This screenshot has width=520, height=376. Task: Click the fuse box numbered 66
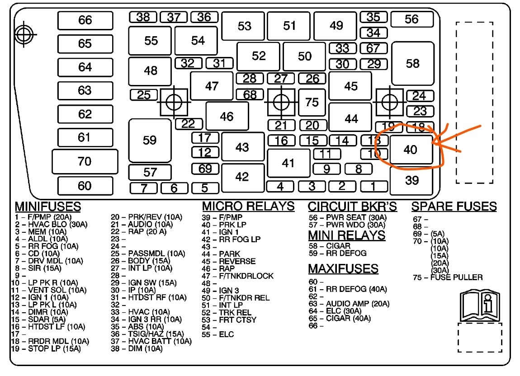tap(85, 20)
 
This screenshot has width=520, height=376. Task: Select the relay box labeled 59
tap(150, 141)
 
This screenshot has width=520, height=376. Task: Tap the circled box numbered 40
tap(411, 149)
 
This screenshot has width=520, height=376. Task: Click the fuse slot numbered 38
tap(143, 17)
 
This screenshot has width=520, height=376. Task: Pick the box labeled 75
tap(312, 103)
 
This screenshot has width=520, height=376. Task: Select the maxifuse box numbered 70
tap(85, 161)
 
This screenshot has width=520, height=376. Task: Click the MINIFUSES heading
tap(48, 207)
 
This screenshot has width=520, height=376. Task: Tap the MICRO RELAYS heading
tap(248, 206)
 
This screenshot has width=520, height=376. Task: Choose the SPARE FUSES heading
tap(454, 207)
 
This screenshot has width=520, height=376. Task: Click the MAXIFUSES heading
tap(343, 268)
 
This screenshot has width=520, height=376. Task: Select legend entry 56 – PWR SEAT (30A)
tap(348, 217)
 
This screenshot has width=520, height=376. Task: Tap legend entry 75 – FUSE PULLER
tap(447, 277)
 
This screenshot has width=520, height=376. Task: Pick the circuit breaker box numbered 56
tap(411, 19)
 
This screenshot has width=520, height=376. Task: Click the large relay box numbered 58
tap(412, 64)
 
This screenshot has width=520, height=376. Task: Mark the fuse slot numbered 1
tap(373, 186)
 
